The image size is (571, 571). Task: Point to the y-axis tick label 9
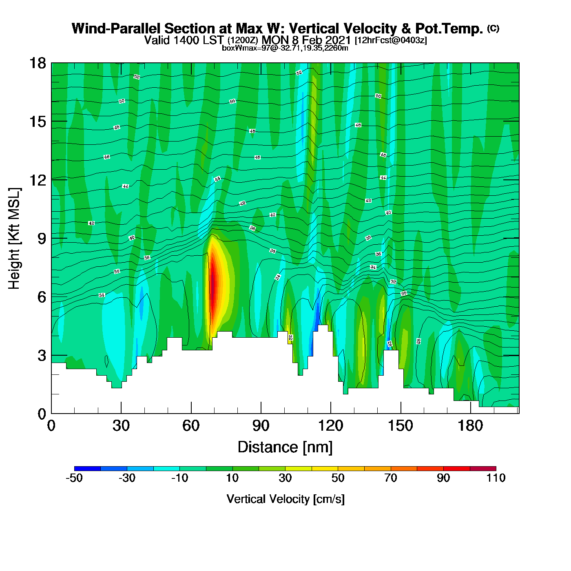42,239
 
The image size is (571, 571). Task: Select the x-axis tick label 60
191,426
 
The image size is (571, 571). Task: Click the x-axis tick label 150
401,426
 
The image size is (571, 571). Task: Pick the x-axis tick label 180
470,426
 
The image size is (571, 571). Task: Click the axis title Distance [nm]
285,447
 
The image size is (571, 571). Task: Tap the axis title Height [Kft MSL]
14,239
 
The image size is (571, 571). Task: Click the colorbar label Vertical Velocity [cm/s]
285,499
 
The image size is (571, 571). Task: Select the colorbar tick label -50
74,478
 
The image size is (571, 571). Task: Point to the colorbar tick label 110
496,478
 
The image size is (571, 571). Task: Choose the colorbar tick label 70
391,478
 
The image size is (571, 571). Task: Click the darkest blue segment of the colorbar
87,469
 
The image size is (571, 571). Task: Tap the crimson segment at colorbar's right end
483,469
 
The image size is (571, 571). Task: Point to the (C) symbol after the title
493,28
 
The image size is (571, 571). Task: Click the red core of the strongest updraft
212,285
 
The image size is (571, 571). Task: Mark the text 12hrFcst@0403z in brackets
391,40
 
